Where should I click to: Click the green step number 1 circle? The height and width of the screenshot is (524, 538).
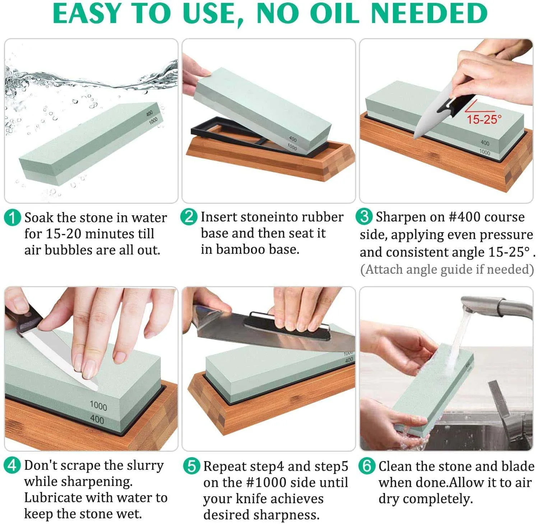click(x=12, y=218)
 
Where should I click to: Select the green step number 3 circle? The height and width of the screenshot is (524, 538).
click(x=364, y=216)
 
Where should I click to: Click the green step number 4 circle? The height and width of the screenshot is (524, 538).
click(x=12, y=465)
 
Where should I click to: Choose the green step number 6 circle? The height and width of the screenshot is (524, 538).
click(x=367, y=466)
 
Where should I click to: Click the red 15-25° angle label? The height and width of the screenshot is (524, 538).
click(x=484, y=119)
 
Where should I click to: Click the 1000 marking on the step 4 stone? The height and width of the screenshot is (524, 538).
click(x=98, y=406)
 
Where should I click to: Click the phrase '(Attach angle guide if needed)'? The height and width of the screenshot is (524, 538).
click(x=447, y=269)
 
